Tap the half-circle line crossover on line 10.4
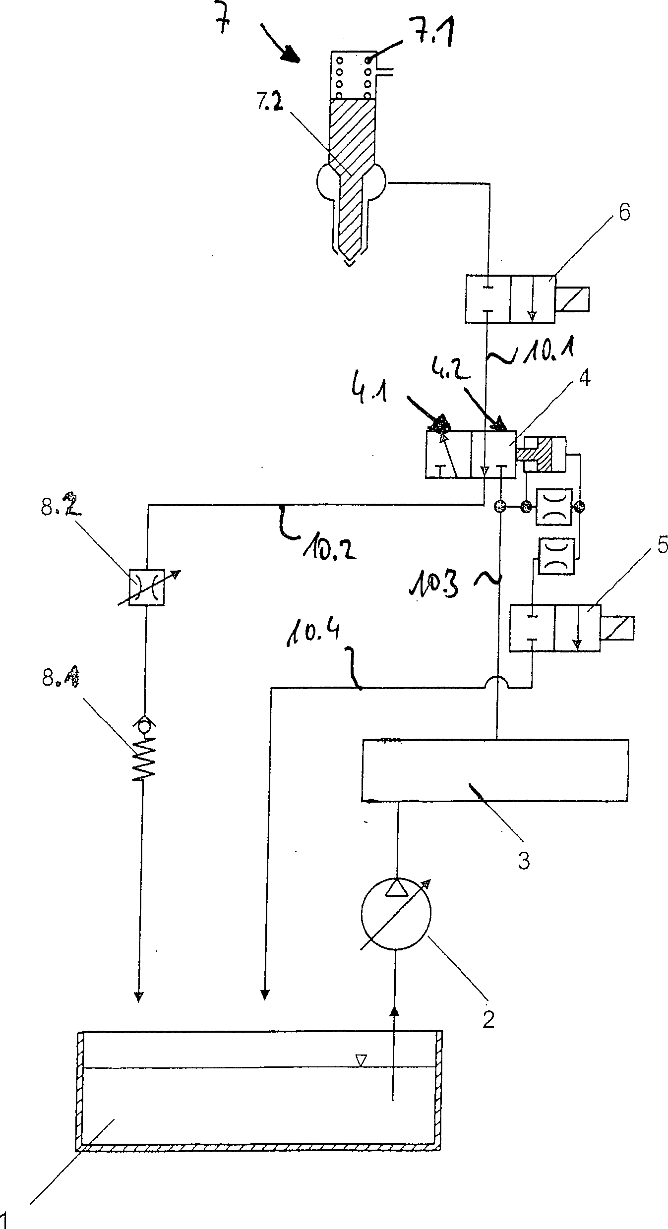tap(497, 682)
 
